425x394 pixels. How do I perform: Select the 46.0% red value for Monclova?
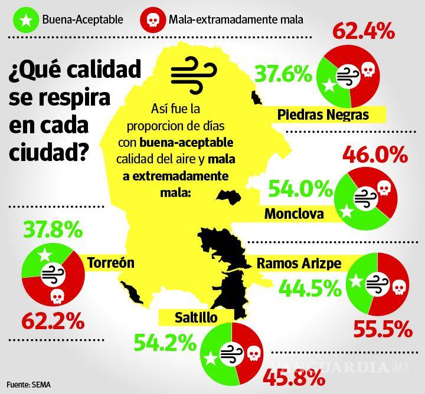[x=375, y=155]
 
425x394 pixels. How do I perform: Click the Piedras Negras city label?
[x=331, y=114]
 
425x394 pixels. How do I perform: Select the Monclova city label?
[x=294, y=214]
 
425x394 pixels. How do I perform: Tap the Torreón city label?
[x=111, y=262]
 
